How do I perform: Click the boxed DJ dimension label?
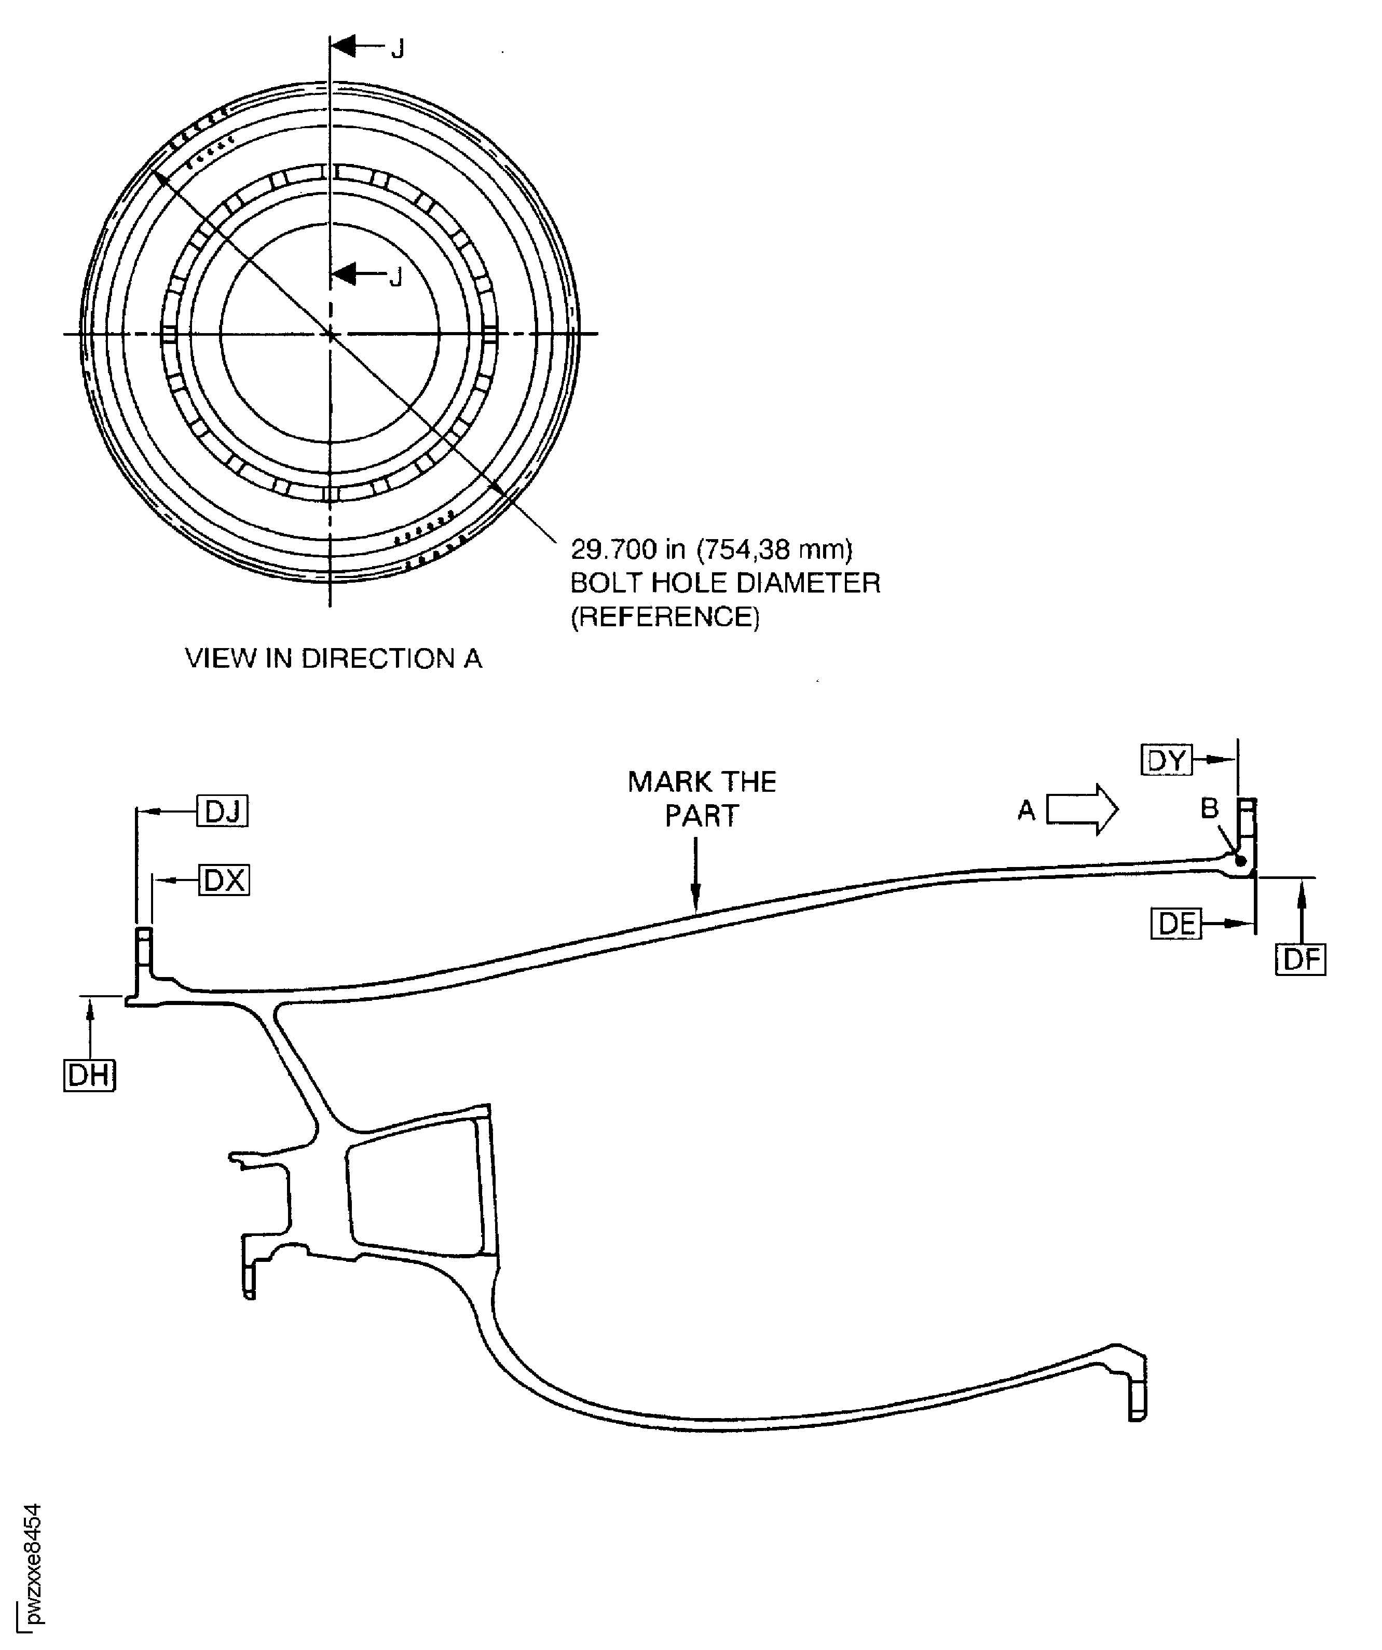point(222,811)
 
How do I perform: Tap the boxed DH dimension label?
point(89,1075)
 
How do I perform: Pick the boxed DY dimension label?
point(1166,760)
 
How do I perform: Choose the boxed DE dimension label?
point(1176,923)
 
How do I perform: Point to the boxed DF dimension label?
point(1301,959)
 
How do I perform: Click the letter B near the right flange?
point(1209,808)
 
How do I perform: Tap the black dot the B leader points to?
point(1240,860)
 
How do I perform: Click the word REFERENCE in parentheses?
point(665,617)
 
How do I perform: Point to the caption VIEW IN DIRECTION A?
point(333,657)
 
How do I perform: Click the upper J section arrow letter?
point(399,49)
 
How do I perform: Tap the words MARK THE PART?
point(702,799)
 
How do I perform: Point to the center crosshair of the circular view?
point(330,334)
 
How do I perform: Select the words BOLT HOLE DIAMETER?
point(724,582)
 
